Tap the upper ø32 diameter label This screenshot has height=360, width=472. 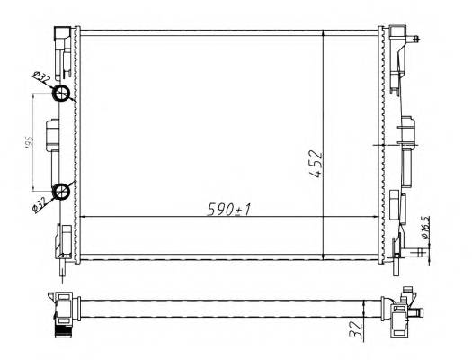pyautogui.click(x=41, y=80)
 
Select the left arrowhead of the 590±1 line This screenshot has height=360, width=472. pyautogui.click(x=83, y=217)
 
